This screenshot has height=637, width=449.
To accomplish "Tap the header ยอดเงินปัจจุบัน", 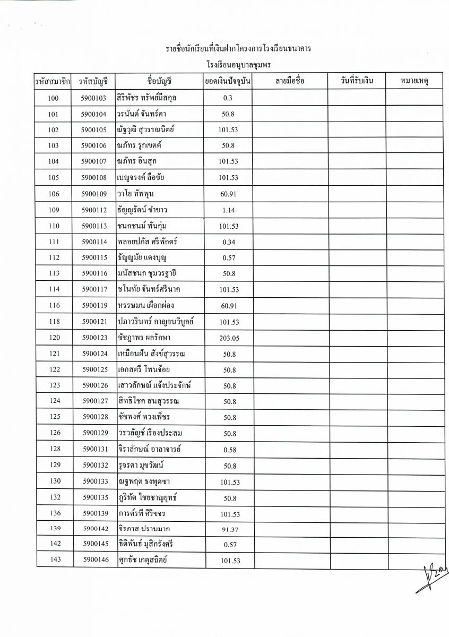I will click(x=228, y=82).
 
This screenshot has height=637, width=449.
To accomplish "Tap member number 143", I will click(x=54, y=561).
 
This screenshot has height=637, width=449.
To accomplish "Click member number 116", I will click(x=54, y=305).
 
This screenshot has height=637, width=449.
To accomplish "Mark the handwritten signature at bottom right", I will click(x=431, y=575).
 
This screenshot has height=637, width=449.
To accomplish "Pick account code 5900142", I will click(x=96, y=529).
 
